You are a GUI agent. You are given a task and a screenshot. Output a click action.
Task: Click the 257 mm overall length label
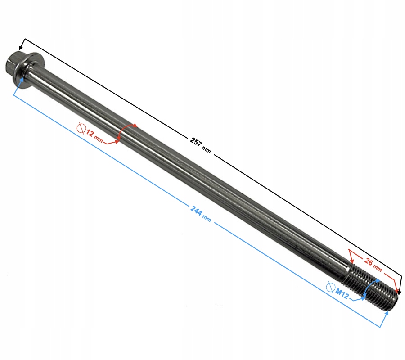coord(200,145)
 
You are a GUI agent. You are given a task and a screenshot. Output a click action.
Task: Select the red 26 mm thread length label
coord(373,265)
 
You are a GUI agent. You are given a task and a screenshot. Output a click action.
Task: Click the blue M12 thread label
coord(342,293)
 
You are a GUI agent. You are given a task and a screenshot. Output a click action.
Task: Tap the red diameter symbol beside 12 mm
coord(81,128)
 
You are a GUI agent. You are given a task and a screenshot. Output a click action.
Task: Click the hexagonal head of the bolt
coord(13,65)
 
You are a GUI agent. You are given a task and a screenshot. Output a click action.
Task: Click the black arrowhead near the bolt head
coord(21,48)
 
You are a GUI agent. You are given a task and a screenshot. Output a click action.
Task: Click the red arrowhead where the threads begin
coord(351,261)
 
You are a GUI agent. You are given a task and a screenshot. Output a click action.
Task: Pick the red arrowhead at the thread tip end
coord(397,292)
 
